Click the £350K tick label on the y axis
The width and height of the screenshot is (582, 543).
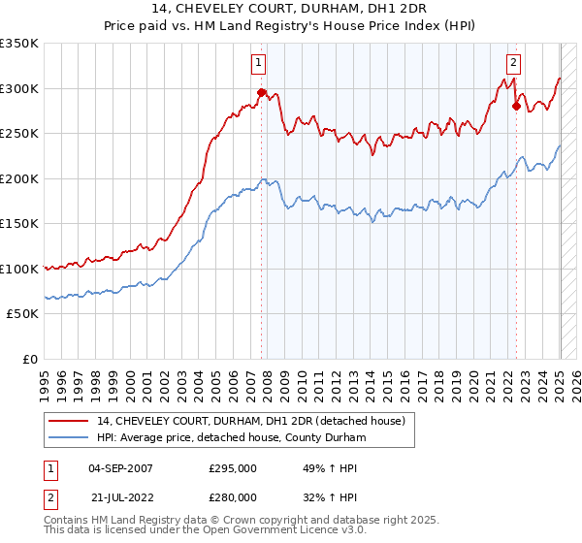[19, 44]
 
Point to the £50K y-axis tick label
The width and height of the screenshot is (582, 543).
[22, 314]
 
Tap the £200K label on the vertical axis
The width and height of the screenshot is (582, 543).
[19, 178]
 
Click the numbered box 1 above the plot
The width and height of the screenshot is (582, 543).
[260, 64]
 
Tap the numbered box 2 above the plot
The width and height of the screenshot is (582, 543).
[513, 64]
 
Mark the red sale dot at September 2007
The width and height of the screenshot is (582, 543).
[261, 93]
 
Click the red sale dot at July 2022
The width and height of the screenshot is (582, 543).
[516, 107]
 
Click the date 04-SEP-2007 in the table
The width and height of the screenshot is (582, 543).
[120, 468]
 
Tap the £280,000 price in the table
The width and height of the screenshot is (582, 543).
[233, 496]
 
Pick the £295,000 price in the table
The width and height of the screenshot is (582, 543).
[233, 468]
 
